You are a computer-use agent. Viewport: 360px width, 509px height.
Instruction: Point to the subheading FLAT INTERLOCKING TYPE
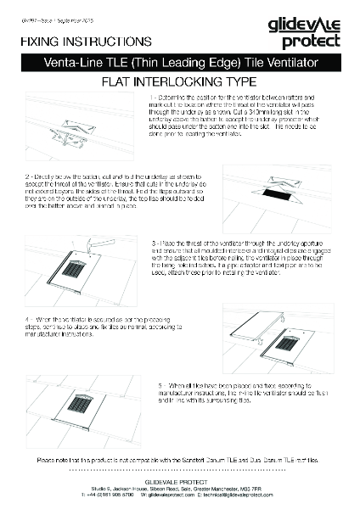coord(179,82)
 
